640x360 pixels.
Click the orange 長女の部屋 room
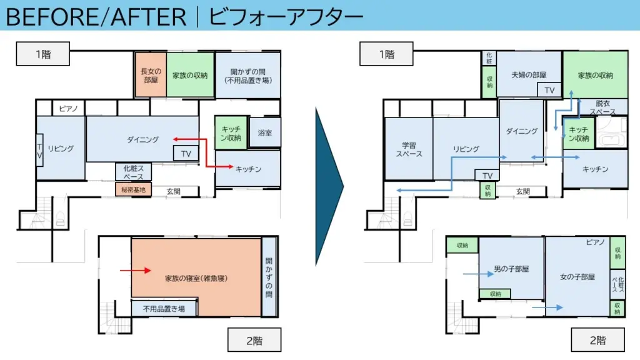click(151, 75)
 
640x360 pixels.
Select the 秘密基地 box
click(133, 189)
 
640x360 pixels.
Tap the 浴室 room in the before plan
click(265, 132)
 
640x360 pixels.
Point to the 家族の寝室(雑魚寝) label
click(196, 278)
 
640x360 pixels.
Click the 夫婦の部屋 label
click(529, 75)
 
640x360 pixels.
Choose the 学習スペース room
click(409, 149)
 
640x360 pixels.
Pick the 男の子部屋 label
click(511, 269)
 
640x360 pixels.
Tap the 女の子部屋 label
click(577, 277)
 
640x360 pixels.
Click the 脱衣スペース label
click(603, 107)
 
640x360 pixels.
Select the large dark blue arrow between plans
click(329, 187)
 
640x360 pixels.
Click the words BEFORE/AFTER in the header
click(96, 17)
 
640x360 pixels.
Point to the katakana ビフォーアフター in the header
click(286, 17)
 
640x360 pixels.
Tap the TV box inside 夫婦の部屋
click(549, 90)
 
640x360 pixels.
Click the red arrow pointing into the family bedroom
click(136, 270)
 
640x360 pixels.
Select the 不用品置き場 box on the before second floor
click(164, 309)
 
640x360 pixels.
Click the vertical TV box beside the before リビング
click(39, 150)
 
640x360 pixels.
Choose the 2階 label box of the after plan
click(597, 340)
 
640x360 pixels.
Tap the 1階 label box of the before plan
click(43, 54)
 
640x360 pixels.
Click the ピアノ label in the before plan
click(68, 109)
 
